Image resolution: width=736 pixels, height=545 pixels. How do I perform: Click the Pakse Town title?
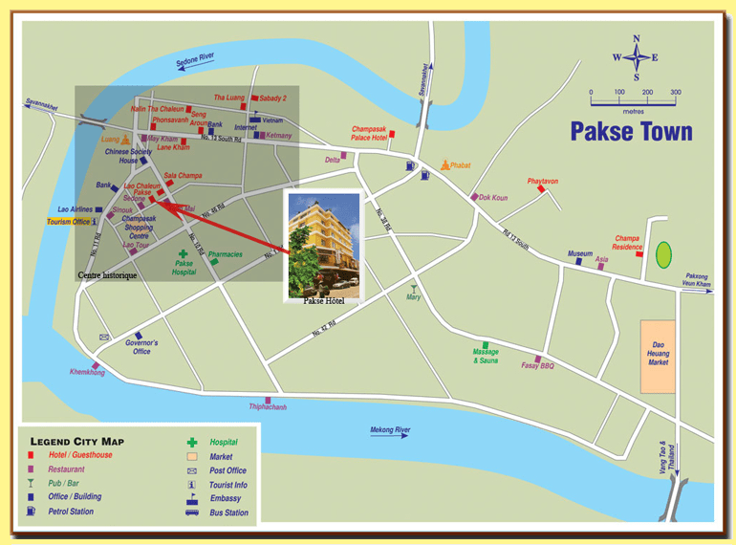click(631, 131)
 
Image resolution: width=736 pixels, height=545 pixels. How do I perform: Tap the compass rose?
click(636, 57)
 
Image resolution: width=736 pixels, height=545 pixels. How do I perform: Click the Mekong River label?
click(390, 430)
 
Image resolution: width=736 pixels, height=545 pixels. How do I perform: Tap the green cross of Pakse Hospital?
click(183, 254)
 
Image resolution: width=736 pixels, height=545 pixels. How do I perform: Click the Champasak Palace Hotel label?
click(368, 133)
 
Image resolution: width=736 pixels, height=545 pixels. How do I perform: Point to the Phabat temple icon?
click(444, 164)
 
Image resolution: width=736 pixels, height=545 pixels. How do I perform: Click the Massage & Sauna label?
click(486, 357)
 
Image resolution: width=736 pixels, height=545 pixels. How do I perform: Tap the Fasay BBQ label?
click(537, 365)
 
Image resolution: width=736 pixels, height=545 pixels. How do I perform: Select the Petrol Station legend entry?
click(70, 512)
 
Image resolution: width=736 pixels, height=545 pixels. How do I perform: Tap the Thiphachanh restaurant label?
click(268, 406)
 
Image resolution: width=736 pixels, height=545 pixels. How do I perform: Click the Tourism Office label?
click(73, 222)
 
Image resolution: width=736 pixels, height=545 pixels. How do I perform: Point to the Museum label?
click(580, 253)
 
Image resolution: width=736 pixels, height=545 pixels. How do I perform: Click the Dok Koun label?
click(493, 198)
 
